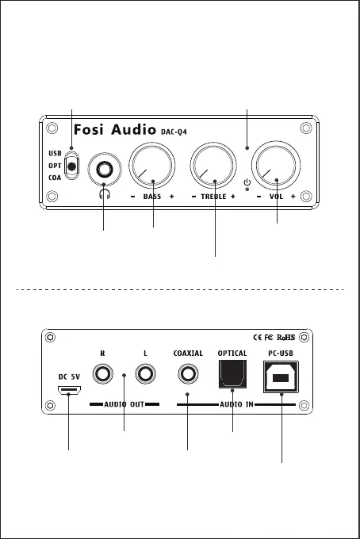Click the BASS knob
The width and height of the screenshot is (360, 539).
pyautogui.click(x=152, y=165)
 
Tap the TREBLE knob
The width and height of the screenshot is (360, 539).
pyautogui.click(x=213, y=166)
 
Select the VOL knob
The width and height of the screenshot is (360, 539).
pyautogui.click(x=276, y=165)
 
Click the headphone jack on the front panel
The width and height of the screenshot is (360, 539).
pyautogui.click(x=105, y=170)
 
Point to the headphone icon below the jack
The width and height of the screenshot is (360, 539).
pyautogui.click(x=104, y=196)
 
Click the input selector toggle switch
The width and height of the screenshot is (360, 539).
pyautogui.click(x=71, y=166)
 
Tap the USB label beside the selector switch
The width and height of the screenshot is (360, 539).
pyautogui.click(x=55, y=153)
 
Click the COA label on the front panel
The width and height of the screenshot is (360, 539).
pyautogui.click(x=55, y=178)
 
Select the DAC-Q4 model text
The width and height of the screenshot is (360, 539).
pyautogui.click(x=174, y=132)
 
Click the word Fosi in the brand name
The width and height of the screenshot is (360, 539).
pyautogui.click(x=88, y=129)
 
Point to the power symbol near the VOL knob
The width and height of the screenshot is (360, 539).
pyautogui.click(x=247, y=182)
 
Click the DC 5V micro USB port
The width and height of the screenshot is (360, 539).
pyautogui.click(x=69, y=390)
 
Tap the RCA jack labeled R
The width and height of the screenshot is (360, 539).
pyautogui.click(x=102, y=374)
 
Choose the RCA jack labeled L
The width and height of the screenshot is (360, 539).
pyautogui.click(x=145, y=374)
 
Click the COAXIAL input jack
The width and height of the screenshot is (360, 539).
pyautogui.click(x=188, y=374)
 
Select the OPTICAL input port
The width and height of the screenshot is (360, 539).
pyautogui.click(x=233, y=374)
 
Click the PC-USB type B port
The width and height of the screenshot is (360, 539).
pyautogui.click(x=281, y=377)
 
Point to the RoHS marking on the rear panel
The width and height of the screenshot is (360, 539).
pyautogui.click(x=285, y=337)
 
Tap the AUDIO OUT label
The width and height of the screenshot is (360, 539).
pyautogui.click(x=124, y=404)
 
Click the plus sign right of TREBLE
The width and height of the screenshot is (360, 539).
pyautogui.click(x=233, y=197)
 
